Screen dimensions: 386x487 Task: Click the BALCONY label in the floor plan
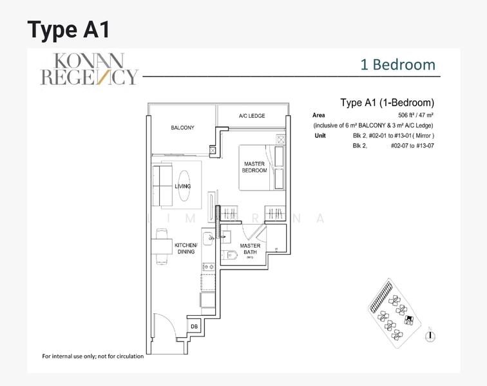(x=182, y=128)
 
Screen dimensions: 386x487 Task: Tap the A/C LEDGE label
(x=252, y=116)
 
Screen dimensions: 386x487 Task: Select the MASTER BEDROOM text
(x=254, y=167)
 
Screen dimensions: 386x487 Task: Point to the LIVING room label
(x=183, y=187)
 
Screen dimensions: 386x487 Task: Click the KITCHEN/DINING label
(x=185, y=248)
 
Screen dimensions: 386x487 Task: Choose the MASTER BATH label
(x=250, y=250)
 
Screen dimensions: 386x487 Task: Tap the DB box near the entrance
(x=194, y=327)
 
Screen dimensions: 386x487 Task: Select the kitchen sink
(x=209, y=242)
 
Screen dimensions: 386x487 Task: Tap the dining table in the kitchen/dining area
(x=160, y=248)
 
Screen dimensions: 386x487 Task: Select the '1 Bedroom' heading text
(x=397, y=65)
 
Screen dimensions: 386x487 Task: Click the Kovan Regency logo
(x=90, y=69)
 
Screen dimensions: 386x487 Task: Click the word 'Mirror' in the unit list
(x=422, y=136)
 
